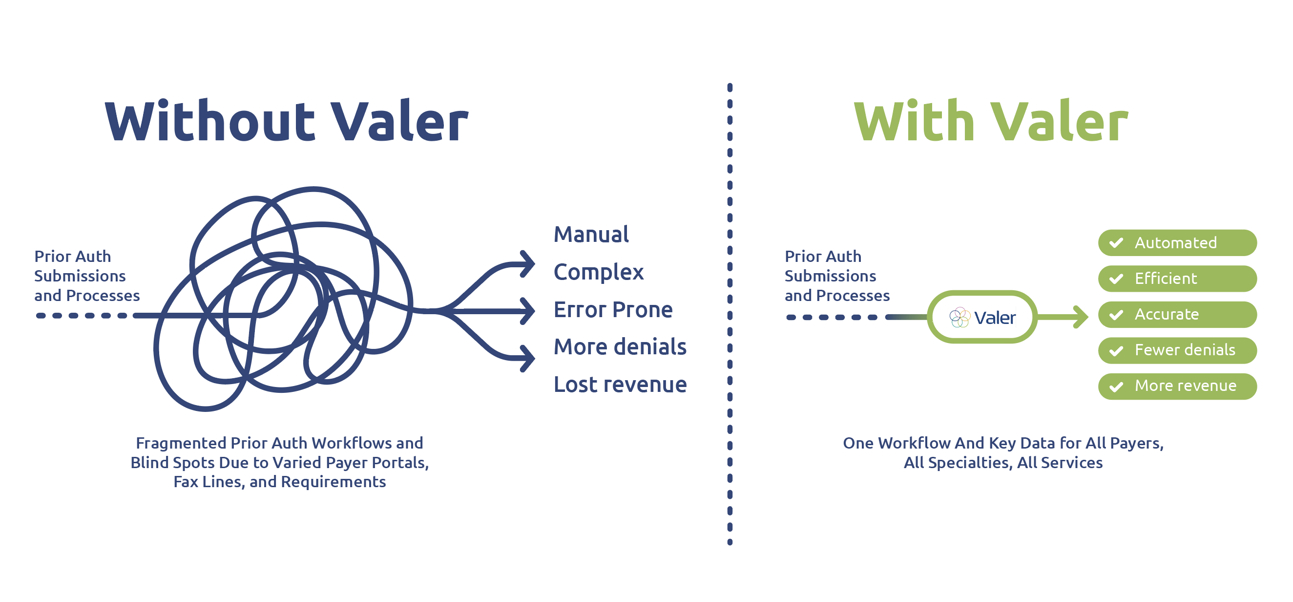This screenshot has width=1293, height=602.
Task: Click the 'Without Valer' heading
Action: coord(286,121)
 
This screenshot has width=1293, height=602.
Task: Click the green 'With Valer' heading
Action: coord(991,121)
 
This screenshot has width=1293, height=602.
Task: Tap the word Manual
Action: coord(591,235)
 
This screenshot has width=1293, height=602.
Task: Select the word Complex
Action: coord(598,273)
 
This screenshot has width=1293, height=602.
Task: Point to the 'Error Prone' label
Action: coord(613,310)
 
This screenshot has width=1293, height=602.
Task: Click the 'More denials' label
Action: coord(620,347)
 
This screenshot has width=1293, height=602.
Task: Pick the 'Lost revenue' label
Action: coord(620,385)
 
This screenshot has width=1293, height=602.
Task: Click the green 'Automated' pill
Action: coord(1177,243)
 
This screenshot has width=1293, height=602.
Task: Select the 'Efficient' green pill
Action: coord(1177,279)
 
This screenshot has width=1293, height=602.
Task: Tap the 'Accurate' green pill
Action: coord(1177,315)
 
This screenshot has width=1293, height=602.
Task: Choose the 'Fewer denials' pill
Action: coord(1177,350)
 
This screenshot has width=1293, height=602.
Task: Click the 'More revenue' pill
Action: coord(1177,387)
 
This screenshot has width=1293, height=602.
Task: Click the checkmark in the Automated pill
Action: coord(1116,243)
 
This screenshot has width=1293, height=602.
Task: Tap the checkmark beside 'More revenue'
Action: coord(1116,387)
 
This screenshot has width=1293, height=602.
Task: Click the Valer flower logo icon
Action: coord(959,317)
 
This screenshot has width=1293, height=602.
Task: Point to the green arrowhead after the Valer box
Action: coord(1081,317)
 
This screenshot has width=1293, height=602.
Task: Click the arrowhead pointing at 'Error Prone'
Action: coord(527,311)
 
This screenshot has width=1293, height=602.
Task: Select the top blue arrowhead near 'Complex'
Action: coord(527,263)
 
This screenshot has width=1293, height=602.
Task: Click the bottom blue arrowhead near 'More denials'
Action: coord(527,359)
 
